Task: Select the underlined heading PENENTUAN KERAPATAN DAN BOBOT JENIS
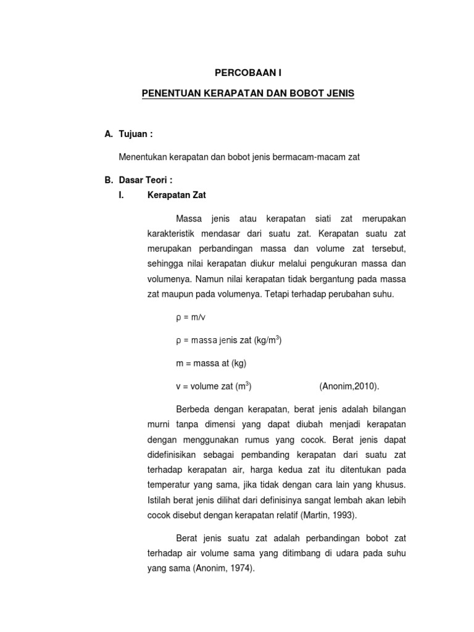point(248,93)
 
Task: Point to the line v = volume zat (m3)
point(214,386)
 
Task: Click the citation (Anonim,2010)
point(349,386)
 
